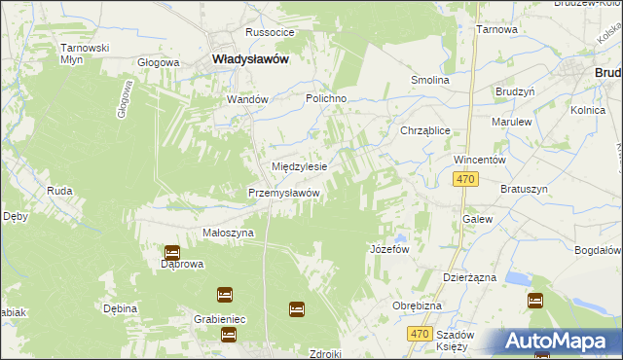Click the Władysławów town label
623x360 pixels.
(249, 59)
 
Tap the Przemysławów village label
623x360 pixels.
(284, 193)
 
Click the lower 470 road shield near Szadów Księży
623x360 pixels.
(419, 334)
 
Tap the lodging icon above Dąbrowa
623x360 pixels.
(172, 251)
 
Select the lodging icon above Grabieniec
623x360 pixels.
(225, 293)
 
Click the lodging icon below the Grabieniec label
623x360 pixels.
(229, 335)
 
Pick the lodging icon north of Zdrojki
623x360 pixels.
(297, 309)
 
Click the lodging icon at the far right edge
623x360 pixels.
(534, 301)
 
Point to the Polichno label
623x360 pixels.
(327, 99)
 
